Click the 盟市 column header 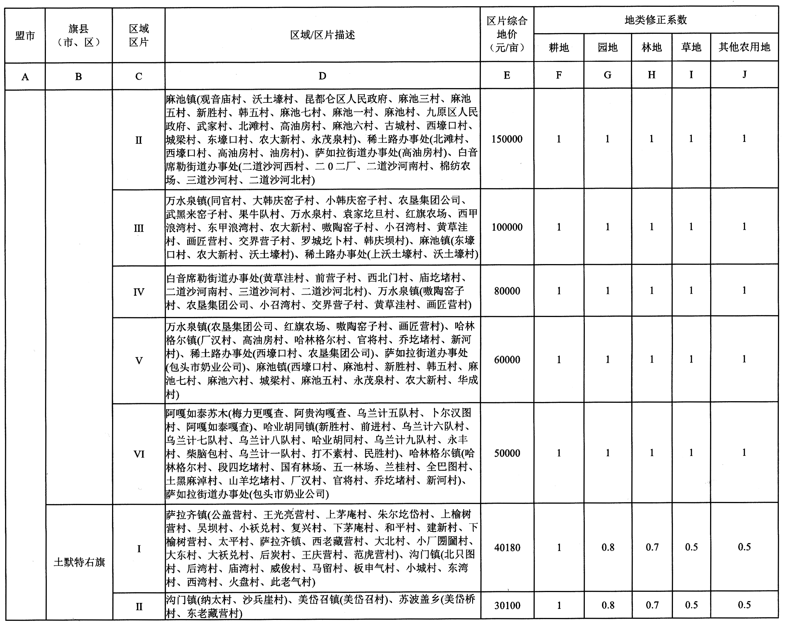(x=25, y=36)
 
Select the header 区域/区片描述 (x=322, y=35)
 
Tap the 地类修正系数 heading (x=655, y=20)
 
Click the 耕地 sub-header (x=559, y=47)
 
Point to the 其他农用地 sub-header (x=744, y=47)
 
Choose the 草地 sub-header (x=691, y=47)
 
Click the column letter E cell (x=507, y=75)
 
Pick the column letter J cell (x=744, y=75)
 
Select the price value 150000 (x=507, y=139)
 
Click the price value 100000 (x=507, y=227)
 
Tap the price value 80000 (x=507, y=291)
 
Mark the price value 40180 (x=507, y=548)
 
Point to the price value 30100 (x=507, y=605)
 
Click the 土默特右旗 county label (x=79, y=562)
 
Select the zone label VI (x=139, y=454)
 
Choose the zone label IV (x=139, y=292)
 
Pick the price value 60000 (x=507, y=360)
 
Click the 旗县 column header (x=78, y=35)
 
